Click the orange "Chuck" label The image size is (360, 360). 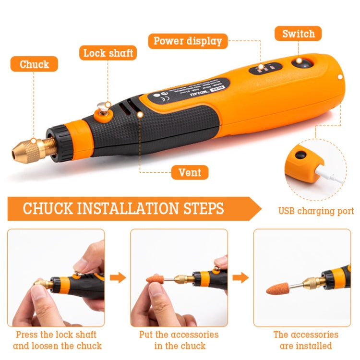click(x=34, y=64)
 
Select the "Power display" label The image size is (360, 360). click(x=188, y=41)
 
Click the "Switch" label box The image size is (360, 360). click(x=298, y=34)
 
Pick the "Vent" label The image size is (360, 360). click(x=190, y=172)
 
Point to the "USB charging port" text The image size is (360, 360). click(x=316, y=211)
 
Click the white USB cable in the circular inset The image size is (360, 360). click(x=331, y=173)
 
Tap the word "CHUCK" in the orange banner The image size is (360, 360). click(x=47, y=209)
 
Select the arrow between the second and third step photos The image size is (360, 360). click(x=240, y=277)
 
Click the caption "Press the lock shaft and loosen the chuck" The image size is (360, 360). click(x=57, y=340)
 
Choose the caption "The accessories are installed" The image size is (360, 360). click(x=305, y=340)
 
